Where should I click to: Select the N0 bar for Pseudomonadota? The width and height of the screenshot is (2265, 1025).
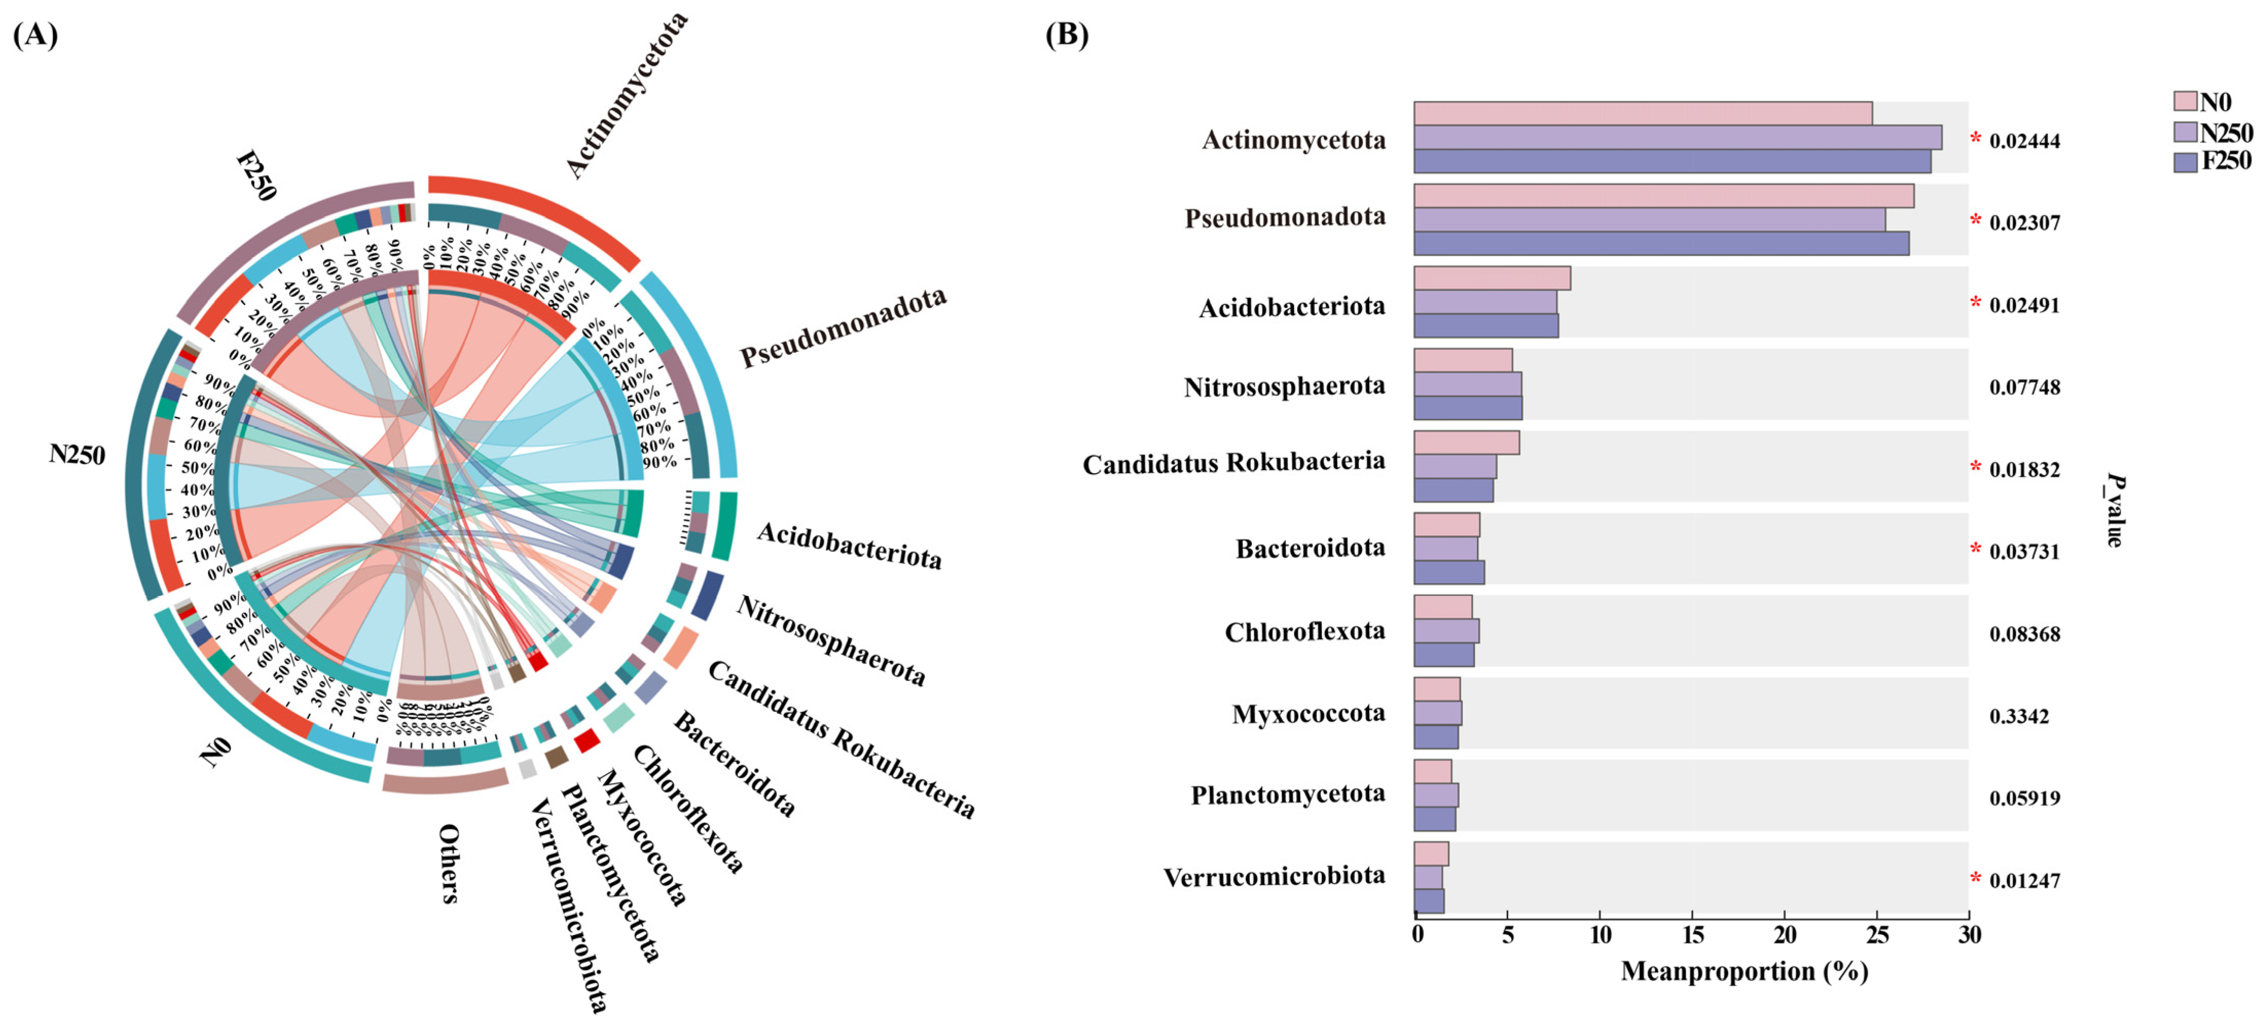pyautogui.click(x=1664, y=195)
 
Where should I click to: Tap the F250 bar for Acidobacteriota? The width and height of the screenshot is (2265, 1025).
pyautogui.click(x=1486, y=326)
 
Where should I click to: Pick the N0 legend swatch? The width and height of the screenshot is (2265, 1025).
pyautogui.click(x=2185, y=101)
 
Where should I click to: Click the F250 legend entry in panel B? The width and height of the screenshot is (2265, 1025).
pyautogui.click(x=2212, y=161)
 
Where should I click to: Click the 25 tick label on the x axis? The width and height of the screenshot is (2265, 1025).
pyautogui.click(x=1877, y=934)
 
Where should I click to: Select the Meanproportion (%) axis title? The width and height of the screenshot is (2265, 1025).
pyautogui.click(x=1744, y=972)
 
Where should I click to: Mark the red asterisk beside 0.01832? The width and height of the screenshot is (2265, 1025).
pyautogui.click(x=1976, y=467)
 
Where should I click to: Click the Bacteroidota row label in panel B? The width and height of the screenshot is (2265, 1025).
pyautogui.click(x=1310, y=549)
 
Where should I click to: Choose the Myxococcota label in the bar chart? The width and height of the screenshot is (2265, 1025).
pyautogui.click(x=1309, y=713)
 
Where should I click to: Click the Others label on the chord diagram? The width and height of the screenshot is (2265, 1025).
pyautogui.click(x=449, y=863)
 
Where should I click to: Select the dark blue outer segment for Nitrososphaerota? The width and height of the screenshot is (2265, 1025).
pyautogui.click(x=708, y=596)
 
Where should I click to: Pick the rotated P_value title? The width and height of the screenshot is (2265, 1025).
pyautogui.click(x=2114, y=510)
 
